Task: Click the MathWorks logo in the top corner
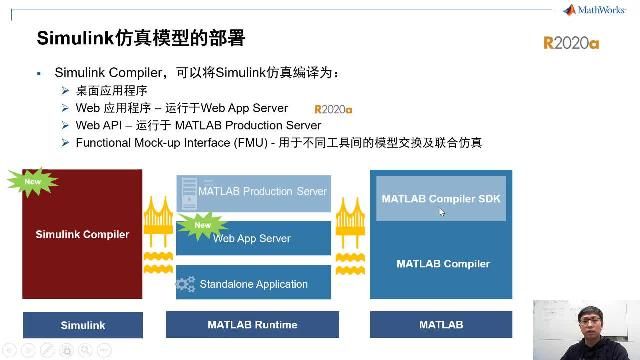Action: pyautogui.click(x=597, y=10)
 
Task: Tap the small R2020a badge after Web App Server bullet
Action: pyautogui.click(x=333, y=109)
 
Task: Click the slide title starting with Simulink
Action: pyautogui.click(x=140, y=39)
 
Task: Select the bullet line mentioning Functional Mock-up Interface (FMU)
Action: pyautogui.click(x=278, y=143)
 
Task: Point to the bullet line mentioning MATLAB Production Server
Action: pyautogui.click(x=198, y=126)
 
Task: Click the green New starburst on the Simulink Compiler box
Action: pyautogui.click(x=33, y=181)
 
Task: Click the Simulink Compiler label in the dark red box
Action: pyautogui.click(x=82, y=235)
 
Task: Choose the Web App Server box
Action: pyautogui.click(x=253, y=239)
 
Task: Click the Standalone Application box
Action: pyautogui.click(x=253, y=284)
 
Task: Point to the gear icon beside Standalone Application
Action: pyautogui.click(x=185, y=285)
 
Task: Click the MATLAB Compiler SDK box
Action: pyautogui.click(x=441, y=198)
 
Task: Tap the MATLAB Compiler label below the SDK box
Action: pyautogui.click(x=442, y=264)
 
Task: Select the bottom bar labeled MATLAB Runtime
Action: pyautogui.click(x=252, y=325)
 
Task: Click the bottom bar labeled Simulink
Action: pyautogui.click(x=82, y=325)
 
